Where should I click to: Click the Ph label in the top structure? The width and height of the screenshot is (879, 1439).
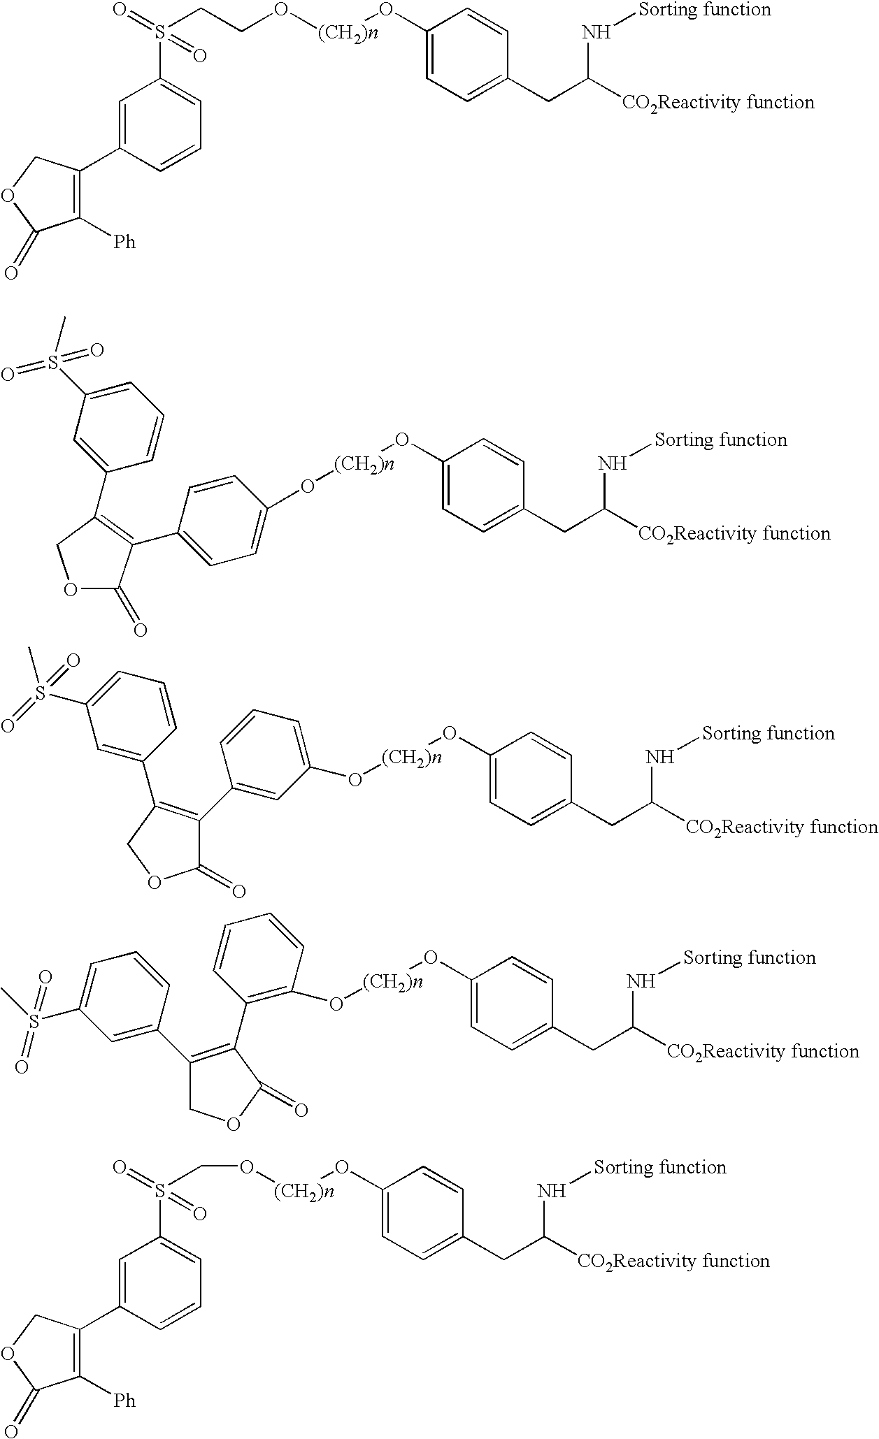click(124, 242)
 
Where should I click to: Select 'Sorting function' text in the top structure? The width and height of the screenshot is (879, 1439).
click(705, 10)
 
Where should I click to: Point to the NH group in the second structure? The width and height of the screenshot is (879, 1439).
click(613, 463)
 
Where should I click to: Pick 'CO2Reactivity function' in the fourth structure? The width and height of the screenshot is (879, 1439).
click(763, 1052)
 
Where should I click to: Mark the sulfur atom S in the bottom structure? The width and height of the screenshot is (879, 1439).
click(161, 1190)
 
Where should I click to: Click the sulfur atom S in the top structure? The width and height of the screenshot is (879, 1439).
click(161, 33)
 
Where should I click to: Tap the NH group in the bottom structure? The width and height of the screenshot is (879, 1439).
click(552, 1191)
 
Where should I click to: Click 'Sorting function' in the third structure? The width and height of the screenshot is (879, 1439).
click(769, 734)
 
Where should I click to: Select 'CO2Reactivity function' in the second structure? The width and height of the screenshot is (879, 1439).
click(734, 534)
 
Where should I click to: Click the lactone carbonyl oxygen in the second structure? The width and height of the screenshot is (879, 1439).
click(140, 630)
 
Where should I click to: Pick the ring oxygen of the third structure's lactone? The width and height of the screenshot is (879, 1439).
click(155, 883)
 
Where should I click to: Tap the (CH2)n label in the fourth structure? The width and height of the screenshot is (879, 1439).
click(393, 983)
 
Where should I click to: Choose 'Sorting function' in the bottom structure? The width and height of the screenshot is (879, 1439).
click(660, 1168)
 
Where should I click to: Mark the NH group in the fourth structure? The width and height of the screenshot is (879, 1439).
click(641, 981)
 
